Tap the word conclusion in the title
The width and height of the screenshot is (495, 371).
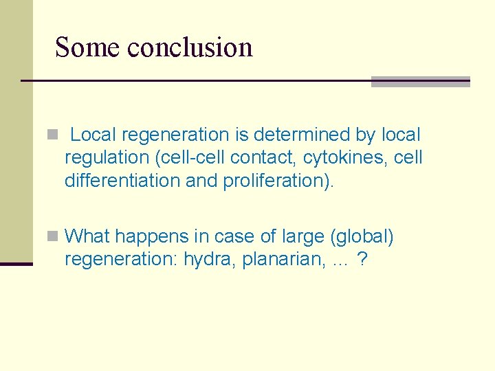pyautogui.click(x=190, y=47)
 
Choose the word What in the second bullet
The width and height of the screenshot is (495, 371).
pyautogui.click(x=87, y=237)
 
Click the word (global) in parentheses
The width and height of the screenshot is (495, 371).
pyautogui.click(x=362, y=237)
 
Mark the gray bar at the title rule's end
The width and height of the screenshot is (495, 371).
pyautogui.click(x=420, y=82)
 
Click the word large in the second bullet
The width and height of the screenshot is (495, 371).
pyautogui.click(x=302, y=237)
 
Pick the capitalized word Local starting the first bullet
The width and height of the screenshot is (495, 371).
pyautogui.click(x=95, y=135)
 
